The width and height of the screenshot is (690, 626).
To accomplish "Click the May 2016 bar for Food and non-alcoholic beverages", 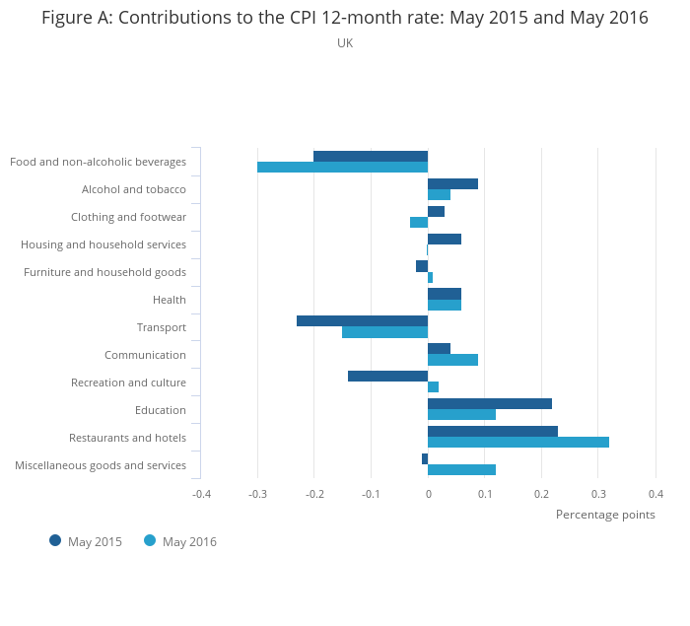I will (x=342, y=168).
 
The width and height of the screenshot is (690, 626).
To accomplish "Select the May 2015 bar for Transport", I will (x=362, y=320).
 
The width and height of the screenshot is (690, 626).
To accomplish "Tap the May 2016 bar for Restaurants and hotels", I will (x=518, y=442).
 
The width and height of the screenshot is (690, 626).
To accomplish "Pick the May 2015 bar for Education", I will (x=490, y=403).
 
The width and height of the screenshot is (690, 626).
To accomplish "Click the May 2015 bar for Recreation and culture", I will (x=387, y=376).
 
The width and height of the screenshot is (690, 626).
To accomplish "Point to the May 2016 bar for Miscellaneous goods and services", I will (x=461, y=469).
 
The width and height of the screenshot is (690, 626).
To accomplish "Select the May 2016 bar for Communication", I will (x=452, y=360).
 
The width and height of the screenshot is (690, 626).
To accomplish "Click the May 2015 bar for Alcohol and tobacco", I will (x=452, y=183).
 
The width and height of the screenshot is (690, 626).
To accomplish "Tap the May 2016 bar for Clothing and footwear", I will (x=419, y=222).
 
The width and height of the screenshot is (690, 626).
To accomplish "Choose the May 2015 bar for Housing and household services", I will (x=445, y=239).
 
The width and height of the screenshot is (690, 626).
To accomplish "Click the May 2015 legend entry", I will (x=86, y=541).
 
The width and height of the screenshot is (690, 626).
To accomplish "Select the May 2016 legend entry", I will (x=180, y=541).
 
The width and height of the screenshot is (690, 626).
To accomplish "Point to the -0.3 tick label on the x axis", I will (x=257, y=494).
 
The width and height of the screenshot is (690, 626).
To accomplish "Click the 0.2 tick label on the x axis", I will (x=541, y=494).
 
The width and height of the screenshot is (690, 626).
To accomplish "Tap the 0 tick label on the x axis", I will (x=428, y=494).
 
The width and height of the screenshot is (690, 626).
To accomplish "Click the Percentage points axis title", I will (x=605, y=515).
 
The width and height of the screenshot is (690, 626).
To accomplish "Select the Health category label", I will (x=170, y=300).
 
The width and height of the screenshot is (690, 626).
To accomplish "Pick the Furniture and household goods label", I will (x=104, y=272).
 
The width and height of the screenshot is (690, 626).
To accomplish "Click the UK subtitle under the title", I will (x=345, y=43).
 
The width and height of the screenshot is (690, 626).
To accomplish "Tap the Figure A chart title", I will (x=345, y=18).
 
